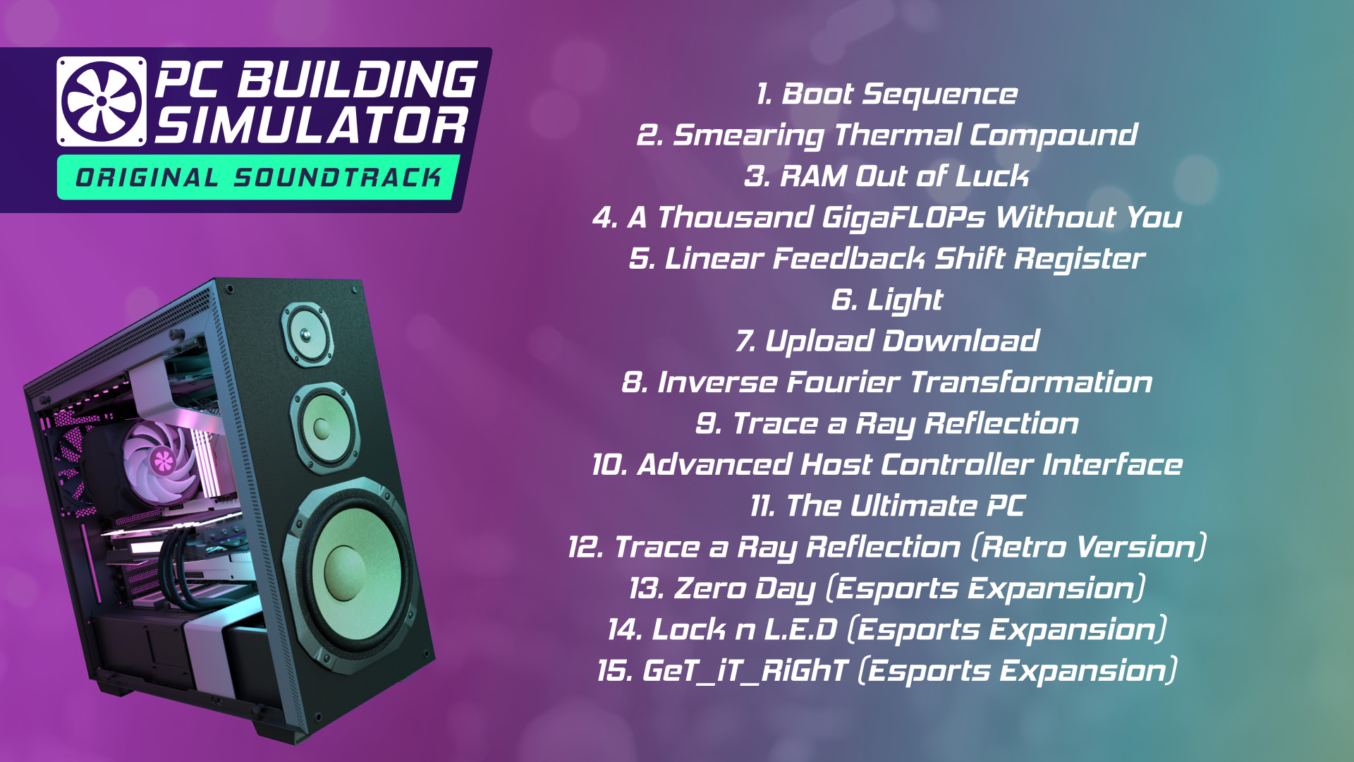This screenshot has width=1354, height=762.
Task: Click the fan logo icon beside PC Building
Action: pos(102,102)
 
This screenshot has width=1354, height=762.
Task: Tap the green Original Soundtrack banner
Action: pos(258,177)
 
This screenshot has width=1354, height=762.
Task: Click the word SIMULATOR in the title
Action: pos(311,126)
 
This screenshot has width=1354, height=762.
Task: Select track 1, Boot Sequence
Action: pos(886,95)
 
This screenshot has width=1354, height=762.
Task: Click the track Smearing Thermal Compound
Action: pos(887,135)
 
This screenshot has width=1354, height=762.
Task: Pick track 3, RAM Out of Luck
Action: pos(886,176)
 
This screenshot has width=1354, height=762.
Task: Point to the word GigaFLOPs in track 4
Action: pos(903,218)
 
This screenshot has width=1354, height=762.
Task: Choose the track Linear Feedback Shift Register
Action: pos(887,259)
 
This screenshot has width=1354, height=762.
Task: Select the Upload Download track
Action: pos(887,341)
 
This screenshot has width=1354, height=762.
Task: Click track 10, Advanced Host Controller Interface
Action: pos(887,465)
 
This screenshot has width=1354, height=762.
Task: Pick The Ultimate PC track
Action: pos(887,506)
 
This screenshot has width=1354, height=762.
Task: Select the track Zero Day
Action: pos(887,588)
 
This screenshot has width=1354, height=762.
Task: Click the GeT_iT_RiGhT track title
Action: pos(887,671)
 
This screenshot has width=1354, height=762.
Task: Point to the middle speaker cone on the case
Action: pos(323,427)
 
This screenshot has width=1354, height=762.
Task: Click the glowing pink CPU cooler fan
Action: pos(161,461)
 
